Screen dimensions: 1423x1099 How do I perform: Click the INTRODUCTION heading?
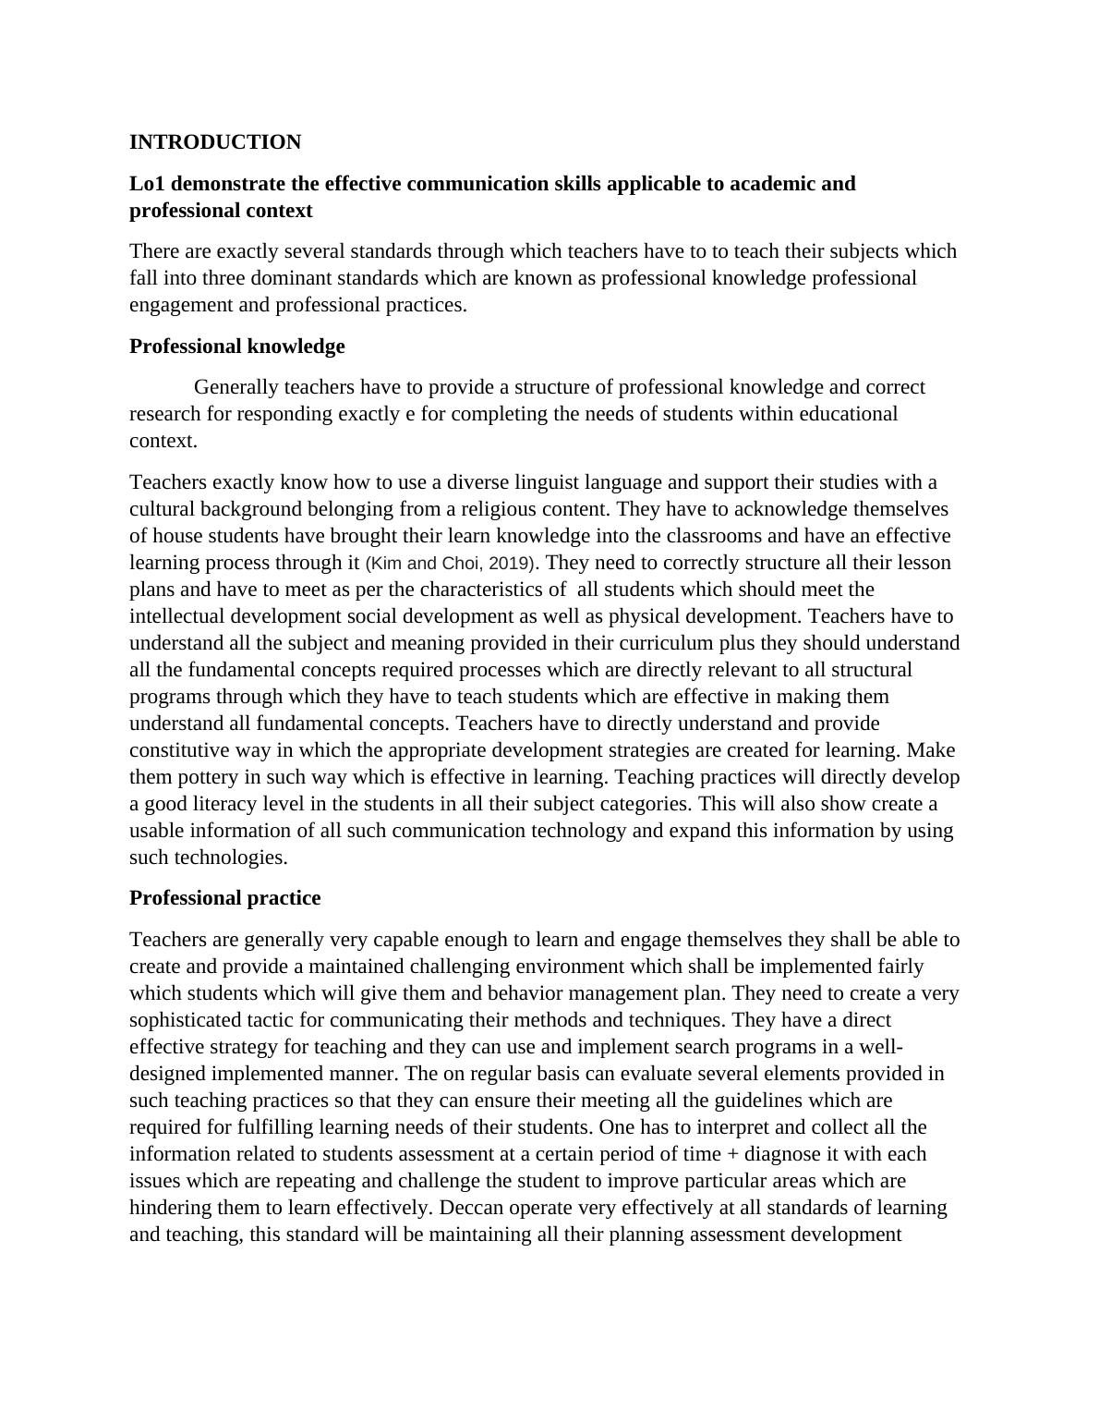pyautogui.click(x=215, y=142)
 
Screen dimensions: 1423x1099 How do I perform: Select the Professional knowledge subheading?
pyautogui.click(x=236, y=347)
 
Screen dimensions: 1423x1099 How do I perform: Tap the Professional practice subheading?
pyautogui.click(x=224, y=898)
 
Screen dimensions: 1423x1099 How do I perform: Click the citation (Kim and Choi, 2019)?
pyautogui.click(x=452, y=563)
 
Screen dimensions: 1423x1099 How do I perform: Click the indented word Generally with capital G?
pyautogui.click(x=236, y=387)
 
